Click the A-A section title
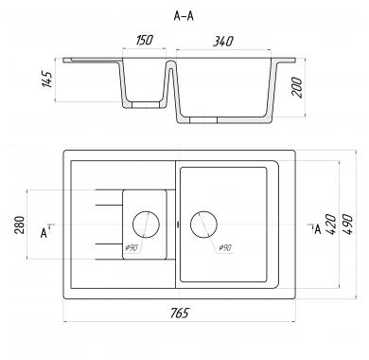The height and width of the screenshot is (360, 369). point(184,16)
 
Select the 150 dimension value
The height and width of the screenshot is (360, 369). point(145,40)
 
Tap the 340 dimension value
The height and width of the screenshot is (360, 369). point(222,41)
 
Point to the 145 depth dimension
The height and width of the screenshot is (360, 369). point(46,80)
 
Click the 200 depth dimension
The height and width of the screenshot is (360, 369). point(297,87)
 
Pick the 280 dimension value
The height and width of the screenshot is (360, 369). point(20,225)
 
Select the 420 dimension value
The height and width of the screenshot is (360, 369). point(330,225)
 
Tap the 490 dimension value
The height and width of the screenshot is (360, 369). point(346,225)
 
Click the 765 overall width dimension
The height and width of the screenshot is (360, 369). point(179,313)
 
